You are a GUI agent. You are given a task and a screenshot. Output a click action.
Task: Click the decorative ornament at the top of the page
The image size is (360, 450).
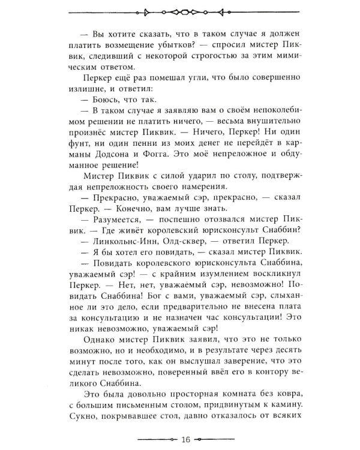pyautogui.click(x=180, y=11)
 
